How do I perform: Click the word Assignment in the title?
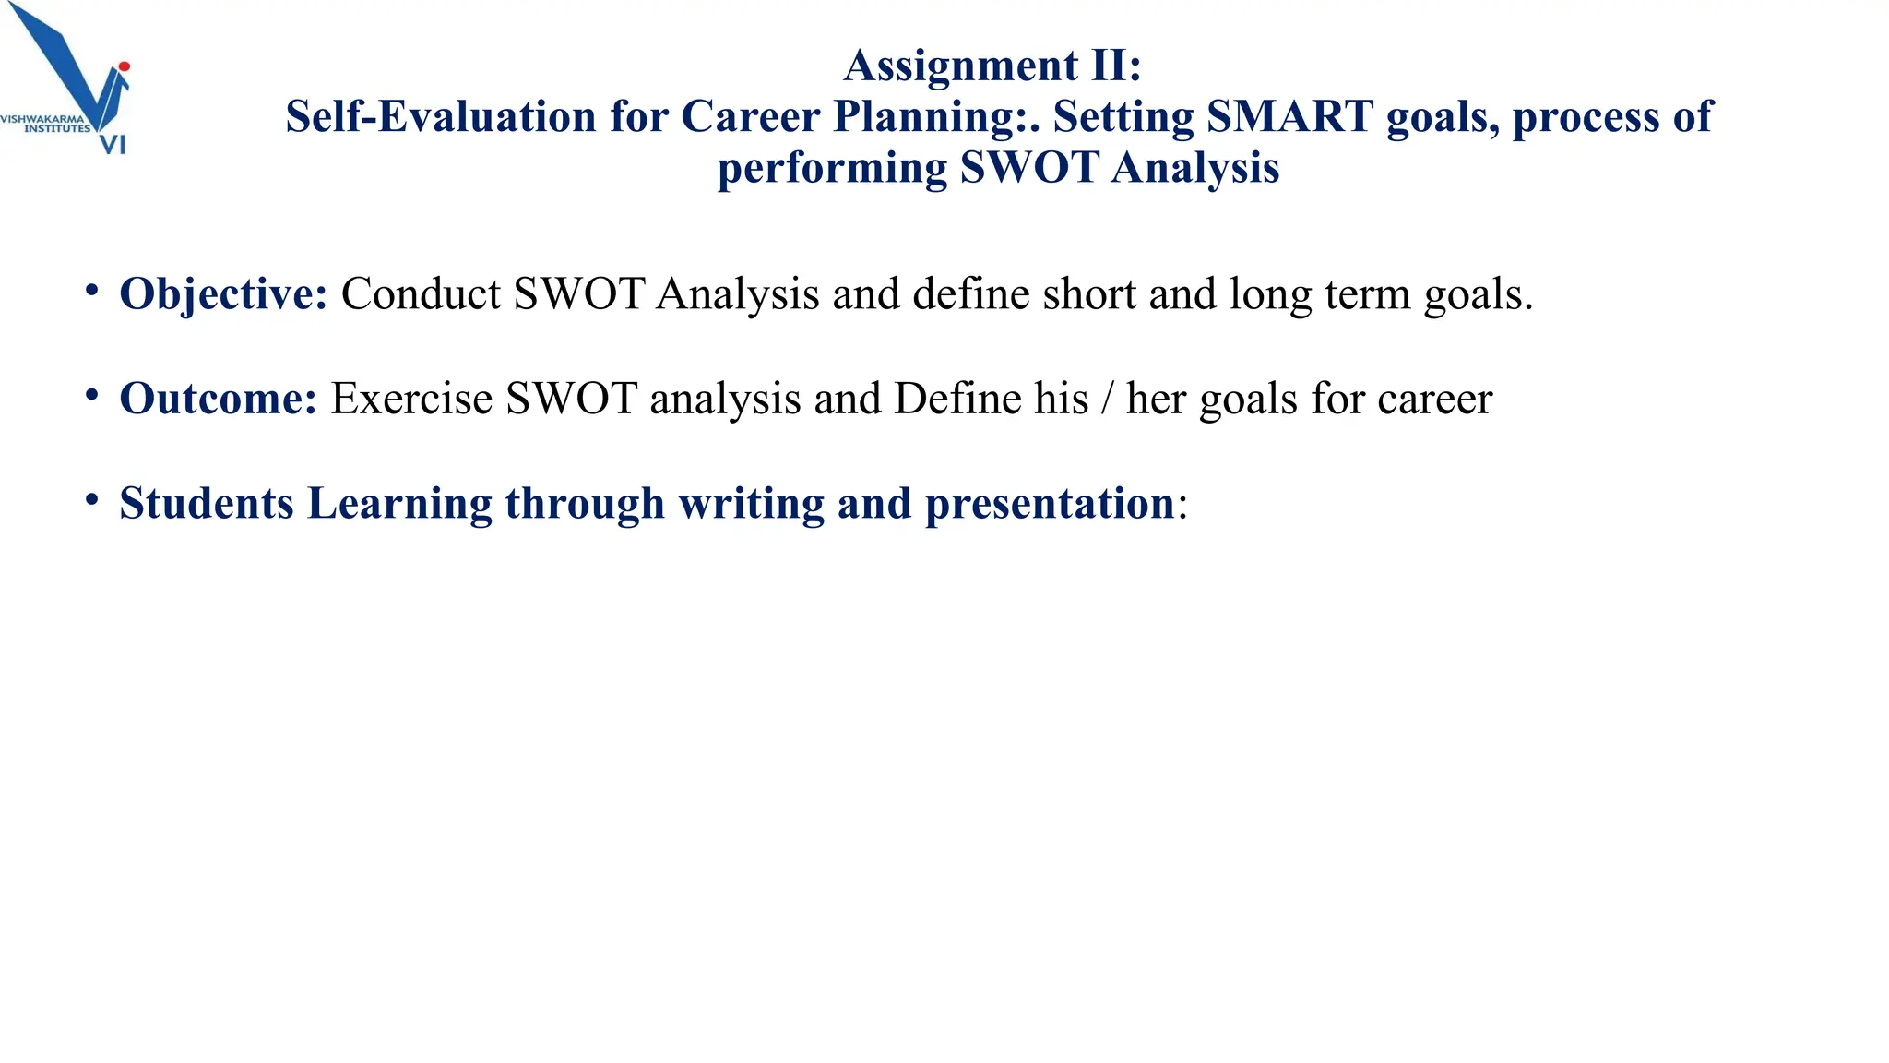(x=961, y=66)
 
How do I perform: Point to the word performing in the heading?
(x=832, y=169)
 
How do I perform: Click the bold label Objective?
(x=223, y=294)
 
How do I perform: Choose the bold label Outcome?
(x=218, y=399)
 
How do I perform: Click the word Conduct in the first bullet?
(x=421, y=294)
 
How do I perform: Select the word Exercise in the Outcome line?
(x=411, y=399)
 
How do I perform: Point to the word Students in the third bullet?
(x=207, y=504)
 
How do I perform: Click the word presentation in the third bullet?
(x=1050, y=504)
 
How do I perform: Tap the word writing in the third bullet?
(x=751, y=504)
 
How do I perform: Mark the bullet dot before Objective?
(x=91, y=291)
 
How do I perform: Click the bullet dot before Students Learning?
(x=91, y=500)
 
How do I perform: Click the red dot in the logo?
(x=125, y=66)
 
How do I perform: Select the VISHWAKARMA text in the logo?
(x=42, y=119)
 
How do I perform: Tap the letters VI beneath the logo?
(x=113, y=145)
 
